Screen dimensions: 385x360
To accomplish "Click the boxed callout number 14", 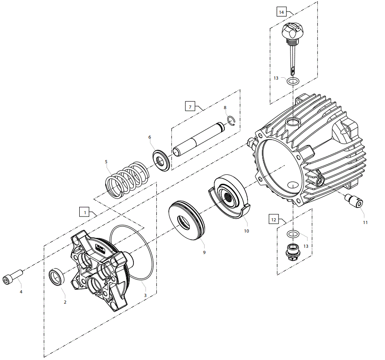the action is point(282,12).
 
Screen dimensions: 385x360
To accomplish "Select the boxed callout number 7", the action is point(190,107).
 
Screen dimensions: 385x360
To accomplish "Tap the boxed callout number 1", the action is point(85,212).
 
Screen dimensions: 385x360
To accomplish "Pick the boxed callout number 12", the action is point(274,220).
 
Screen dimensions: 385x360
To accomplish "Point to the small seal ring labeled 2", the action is point(57,277).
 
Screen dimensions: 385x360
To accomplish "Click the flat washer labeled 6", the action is point(161,161).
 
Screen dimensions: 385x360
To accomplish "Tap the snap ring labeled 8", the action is point(231,121).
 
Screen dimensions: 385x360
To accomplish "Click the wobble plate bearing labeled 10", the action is point(229,197).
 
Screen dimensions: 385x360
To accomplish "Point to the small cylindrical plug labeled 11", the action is point(354,201).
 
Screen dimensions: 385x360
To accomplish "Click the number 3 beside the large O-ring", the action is point(145,295).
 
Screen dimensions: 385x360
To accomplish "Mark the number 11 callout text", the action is point(365,222).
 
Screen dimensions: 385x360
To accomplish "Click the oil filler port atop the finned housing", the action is point(293,122).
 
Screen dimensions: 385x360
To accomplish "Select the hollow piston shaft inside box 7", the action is point(199,139).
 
